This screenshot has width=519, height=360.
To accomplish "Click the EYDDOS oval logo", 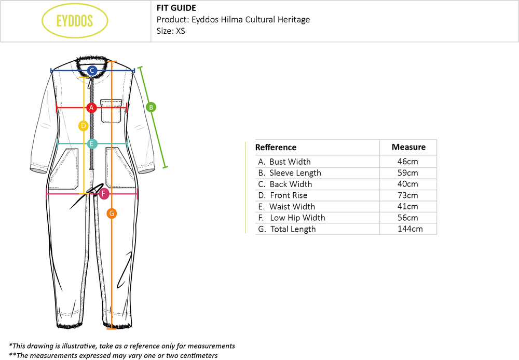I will pyautogui.click(x=74, y=21).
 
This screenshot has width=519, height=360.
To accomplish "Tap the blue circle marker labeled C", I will pyautogui.click(x=92, y=71).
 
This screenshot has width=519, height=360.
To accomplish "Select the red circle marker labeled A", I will pyautogui.click(x=91, y=108).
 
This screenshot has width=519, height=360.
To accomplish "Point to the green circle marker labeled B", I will pyautogui.click(x=151, y=108).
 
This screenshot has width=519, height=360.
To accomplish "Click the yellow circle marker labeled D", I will pyautogui.click(x=83, y=126).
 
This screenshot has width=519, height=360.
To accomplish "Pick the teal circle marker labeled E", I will pyautogui.click(x=92, y=144).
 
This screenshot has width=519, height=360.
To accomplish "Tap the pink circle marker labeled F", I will pyautogui.click(x=104, y=194).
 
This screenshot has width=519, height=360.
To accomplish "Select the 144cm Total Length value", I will pyautogui.click(x=408, y=229).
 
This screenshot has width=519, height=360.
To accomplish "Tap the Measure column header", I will pyautogui.click(x=408, y=147).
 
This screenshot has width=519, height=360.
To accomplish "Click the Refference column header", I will pyautogui.click(x=276, y=147).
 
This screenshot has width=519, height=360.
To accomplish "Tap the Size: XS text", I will pyautogui.click(x=171, y=31).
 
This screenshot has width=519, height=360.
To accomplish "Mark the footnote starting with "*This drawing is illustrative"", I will pyautogui.click(x=122, y=346).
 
